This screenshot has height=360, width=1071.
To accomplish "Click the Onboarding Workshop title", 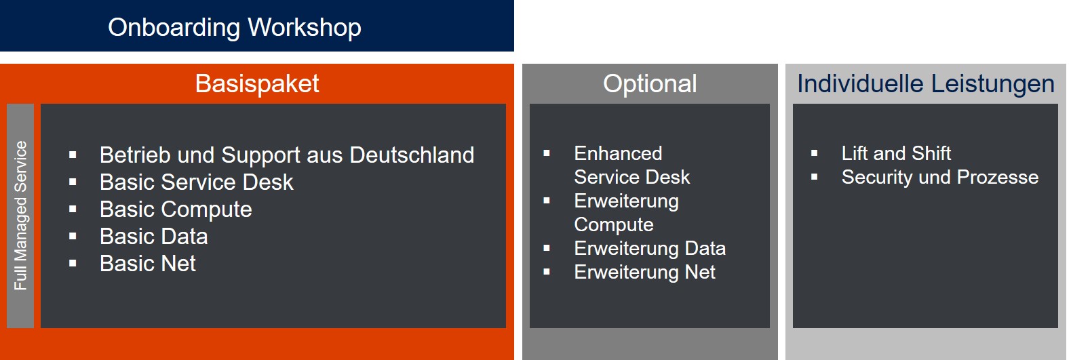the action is coord(234,28).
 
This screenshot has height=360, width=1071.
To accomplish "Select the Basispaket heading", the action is coord(257,84).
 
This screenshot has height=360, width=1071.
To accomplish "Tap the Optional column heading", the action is coord(650,84).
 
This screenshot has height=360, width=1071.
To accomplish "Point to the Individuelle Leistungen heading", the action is coord(926,84).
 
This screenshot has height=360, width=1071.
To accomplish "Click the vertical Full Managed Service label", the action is coord(20,216).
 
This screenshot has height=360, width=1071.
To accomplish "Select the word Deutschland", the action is coord(412,155).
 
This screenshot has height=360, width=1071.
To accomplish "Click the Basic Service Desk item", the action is coord(196,182).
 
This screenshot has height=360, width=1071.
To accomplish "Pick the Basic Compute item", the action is coord(176,210).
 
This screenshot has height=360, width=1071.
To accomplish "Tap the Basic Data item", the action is coord(153,237).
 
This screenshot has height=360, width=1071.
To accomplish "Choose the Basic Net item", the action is coord(148,264).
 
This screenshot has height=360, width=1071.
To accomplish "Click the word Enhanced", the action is coord(618,153).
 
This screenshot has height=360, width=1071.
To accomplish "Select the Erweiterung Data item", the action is coord(650,249).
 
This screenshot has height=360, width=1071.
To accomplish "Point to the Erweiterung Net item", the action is coord(644,272).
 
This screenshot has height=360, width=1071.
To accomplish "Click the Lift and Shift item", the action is coord(896,153).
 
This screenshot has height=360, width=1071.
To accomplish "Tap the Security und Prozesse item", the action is coord(940,178).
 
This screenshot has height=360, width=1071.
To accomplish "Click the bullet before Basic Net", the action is coord(73,264).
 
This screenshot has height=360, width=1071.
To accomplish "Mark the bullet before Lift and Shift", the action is coord(814,153).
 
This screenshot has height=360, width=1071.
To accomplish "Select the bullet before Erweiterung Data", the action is coord(547,248).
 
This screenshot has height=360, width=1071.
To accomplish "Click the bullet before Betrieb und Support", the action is coord(73,155).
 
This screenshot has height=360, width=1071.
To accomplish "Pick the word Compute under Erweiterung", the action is coord(613,225).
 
